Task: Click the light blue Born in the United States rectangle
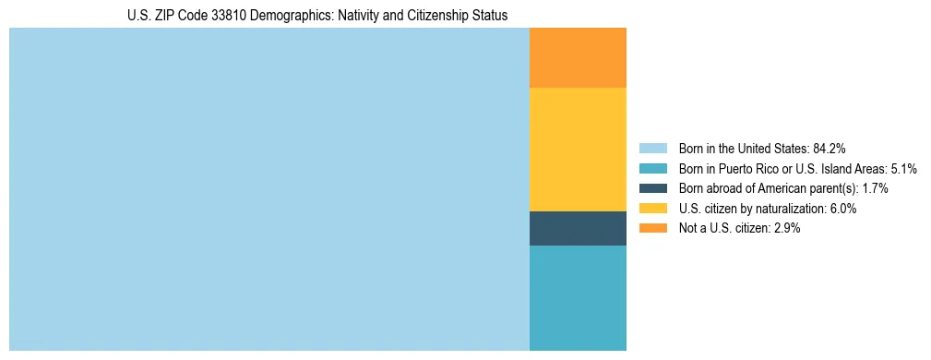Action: click(x=269, y=189)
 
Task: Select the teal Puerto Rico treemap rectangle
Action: click(x=578, y=297)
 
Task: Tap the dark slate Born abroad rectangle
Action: click(x=578, y=228)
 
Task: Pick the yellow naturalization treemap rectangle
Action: click(x=578, y=149)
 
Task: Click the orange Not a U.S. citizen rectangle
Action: click(x=578, y=57)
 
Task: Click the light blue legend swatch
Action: click(x=652, y=148)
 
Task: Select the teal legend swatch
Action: click(x=652, y=168)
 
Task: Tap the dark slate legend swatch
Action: click(x=652, y=188)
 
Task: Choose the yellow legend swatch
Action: click(x=652, y=209)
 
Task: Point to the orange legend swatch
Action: click(x=652, y=228)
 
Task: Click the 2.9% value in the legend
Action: click(x=784, y=228)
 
